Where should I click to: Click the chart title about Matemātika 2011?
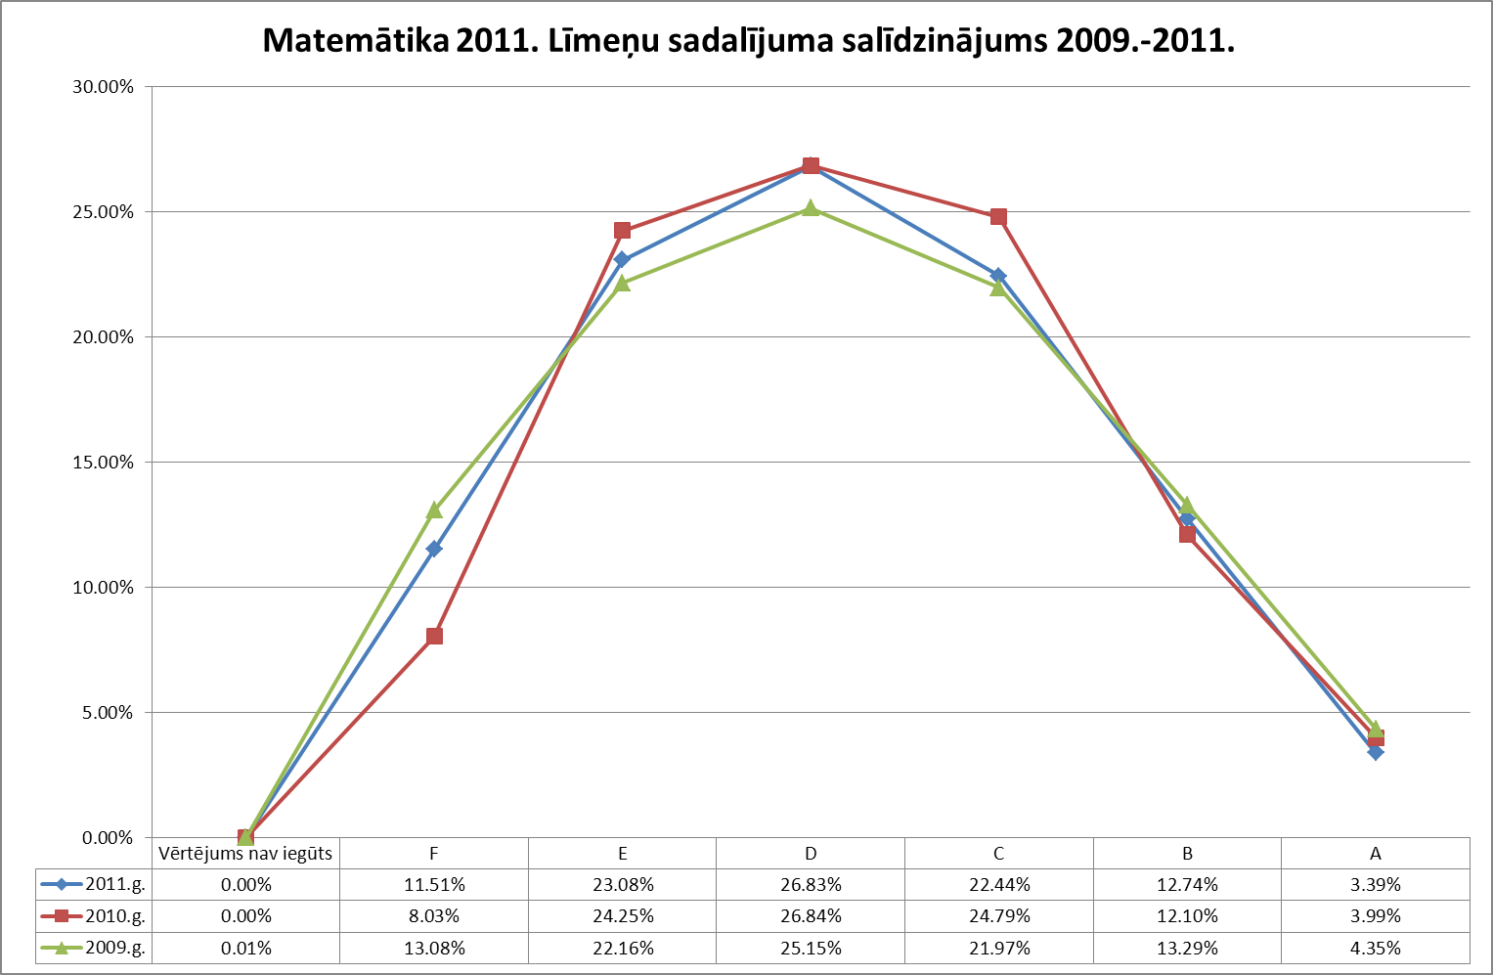749,40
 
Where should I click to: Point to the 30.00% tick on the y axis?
102,87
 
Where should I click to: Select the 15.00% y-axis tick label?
102,463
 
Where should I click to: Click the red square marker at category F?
434,637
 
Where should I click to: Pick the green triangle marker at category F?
434,510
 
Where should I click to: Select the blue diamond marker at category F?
434,549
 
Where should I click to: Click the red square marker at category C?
998,216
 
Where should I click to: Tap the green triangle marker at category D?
811,207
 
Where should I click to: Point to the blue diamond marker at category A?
1376,752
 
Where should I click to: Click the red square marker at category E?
622,231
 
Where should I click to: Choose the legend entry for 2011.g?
94,885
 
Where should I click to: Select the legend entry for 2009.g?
94,948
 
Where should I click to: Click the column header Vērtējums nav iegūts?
245,854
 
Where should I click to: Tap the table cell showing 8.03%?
434,916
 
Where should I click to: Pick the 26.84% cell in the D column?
811,916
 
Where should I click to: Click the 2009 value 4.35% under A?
1376,948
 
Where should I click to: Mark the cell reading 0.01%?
245,948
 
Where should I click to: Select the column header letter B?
1187,854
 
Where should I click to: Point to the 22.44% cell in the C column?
998,885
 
